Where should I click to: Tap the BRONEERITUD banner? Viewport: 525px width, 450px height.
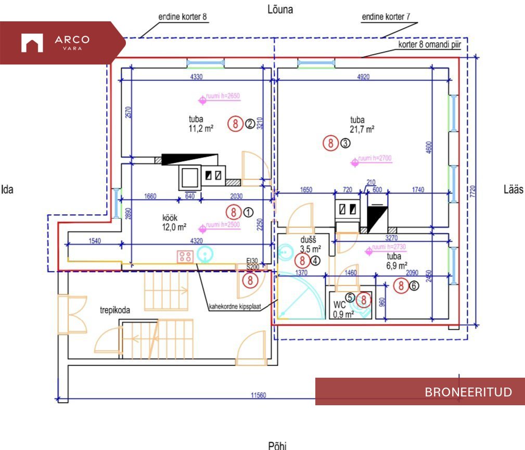[x=420, y=392]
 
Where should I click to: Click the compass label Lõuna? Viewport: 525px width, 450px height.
[x=279, y=9]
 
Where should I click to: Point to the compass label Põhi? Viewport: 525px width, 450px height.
[x=277, y=445]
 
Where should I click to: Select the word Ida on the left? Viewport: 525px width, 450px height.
[x=7, y=189]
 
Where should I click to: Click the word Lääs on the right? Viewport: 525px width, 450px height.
[x=513, y=189]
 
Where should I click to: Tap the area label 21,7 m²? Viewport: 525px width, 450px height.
[x=363, y=130]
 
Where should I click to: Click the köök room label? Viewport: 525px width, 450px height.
[x=174, y=218]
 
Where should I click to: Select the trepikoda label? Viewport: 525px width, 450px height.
[x=115, y=310]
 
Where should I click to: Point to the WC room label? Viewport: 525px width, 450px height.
[x=340, y=304]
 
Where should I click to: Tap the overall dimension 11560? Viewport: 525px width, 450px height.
[x=258, y=395]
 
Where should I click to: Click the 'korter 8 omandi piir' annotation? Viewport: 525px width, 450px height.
[x=423, y=44]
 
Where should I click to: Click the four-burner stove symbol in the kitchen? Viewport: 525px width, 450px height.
[x=185, y=256]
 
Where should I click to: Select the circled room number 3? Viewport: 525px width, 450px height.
[x=345, y=143]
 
